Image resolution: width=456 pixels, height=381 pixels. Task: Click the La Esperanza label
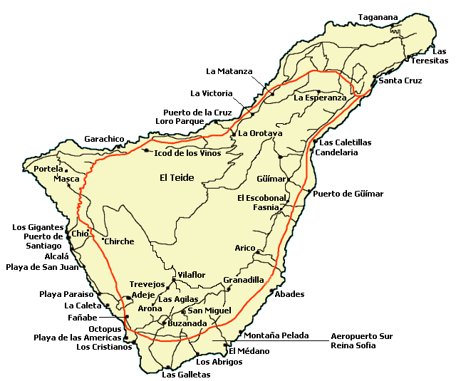click(x=320, y=98)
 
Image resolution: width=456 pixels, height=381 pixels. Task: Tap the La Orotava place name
click(x=260, y=133)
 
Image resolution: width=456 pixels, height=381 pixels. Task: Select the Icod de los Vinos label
click(x=188, y=153)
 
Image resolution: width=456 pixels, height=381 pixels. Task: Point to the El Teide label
click(x=177, y=178)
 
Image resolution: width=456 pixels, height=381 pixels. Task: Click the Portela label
click(x=48, y=169)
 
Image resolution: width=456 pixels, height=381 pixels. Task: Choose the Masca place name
click(x=66, y=179)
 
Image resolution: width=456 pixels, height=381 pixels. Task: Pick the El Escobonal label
click(x=261, y=198)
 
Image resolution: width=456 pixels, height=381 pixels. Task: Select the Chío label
click(x=80, y=234)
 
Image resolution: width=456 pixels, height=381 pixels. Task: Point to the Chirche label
click(x=119, y=241)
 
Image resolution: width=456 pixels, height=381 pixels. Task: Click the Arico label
click(x=244, y=248)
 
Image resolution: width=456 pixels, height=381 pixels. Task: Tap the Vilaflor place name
click(x=191, y=274)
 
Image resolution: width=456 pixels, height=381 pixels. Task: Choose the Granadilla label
click(x=243, y=281)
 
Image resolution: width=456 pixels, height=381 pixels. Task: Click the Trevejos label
click(x=147, y=284)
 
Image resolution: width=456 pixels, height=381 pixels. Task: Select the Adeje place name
click(x=143, y=295)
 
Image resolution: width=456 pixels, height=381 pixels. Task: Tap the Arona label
click(x=150, y=308)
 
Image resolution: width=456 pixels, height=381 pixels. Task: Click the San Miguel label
click(x=209, y=310)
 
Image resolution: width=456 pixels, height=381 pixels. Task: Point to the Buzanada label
click(x=187, y=323)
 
